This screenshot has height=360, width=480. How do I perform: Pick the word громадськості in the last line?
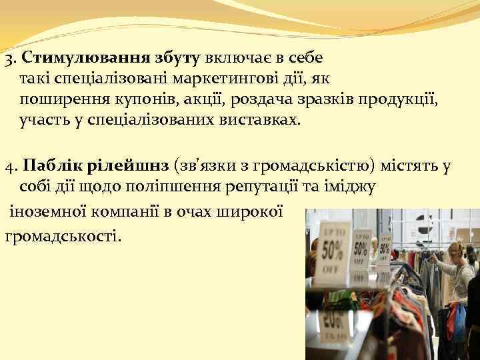point(63,235)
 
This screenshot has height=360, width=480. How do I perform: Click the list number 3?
point(7,59)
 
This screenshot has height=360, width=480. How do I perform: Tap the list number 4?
point(8,165)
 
